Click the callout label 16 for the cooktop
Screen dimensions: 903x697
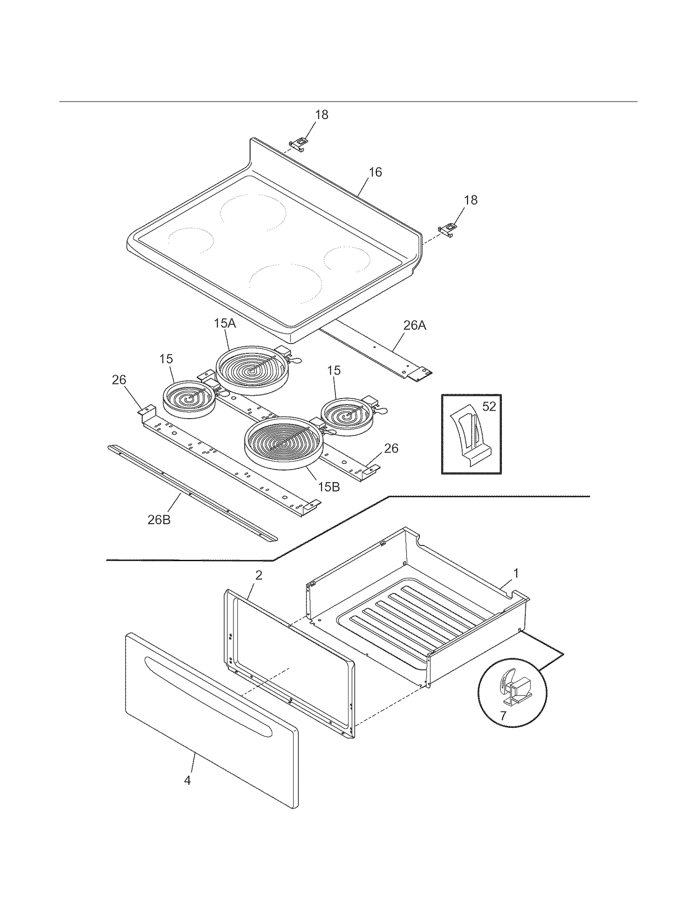pyautogui.click(x=375, y=172)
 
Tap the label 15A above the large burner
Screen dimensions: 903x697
pyautogui.click(x=225, y=324)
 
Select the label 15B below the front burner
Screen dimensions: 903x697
pyautogui.click(x=328, y=487)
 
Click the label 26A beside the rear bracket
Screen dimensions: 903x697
pyautogui.click(x=414, y=325)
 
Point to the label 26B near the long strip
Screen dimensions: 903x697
pyautogui.click(x=159, y=520)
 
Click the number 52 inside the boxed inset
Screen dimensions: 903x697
pyautogui.click(x=489, y=406)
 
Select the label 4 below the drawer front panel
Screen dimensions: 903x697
pyautogui.click(x=187, y=780)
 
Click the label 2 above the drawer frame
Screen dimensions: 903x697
pyautogui.click(x=259, y=575)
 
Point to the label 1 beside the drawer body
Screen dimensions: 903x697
pyautogui.click(x=516, y=573)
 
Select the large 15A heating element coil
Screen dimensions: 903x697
pyautogui.click(x=252, y=371)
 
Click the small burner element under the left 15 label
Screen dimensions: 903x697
pyautogui.click(x=189, y=399)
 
